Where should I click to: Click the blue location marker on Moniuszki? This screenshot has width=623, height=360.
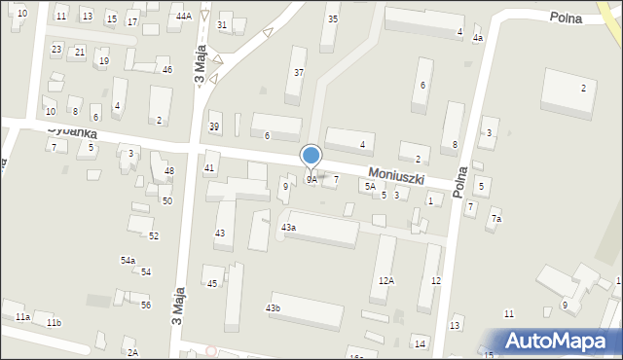(311, 156)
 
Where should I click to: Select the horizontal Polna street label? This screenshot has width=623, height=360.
(566, 18)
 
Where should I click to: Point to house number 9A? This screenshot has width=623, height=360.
(311, 180)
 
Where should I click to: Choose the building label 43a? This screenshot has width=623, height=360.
(288, 227)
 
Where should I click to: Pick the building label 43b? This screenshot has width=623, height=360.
(274, 308)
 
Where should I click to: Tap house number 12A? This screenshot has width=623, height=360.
(386, 280)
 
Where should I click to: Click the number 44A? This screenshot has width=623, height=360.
(184, 17)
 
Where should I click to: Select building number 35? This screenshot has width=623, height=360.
(333, 19)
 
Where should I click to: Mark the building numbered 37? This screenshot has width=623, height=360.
(299, 73)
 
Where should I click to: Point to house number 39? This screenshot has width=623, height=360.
(214, 126)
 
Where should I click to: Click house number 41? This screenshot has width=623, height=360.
(209, 168)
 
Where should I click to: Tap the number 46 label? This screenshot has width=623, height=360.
(167, 70)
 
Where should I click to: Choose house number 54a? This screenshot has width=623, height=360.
(128, 261)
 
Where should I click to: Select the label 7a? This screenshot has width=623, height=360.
(496, 219)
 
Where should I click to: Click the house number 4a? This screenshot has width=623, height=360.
(477, 38)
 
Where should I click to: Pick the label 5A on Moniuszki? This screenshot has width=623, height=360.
(370, 186)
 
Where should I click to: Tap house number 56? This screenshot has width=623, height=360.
(146, 306)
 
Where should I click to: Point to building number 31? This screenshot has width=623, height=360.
(223, 25)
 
